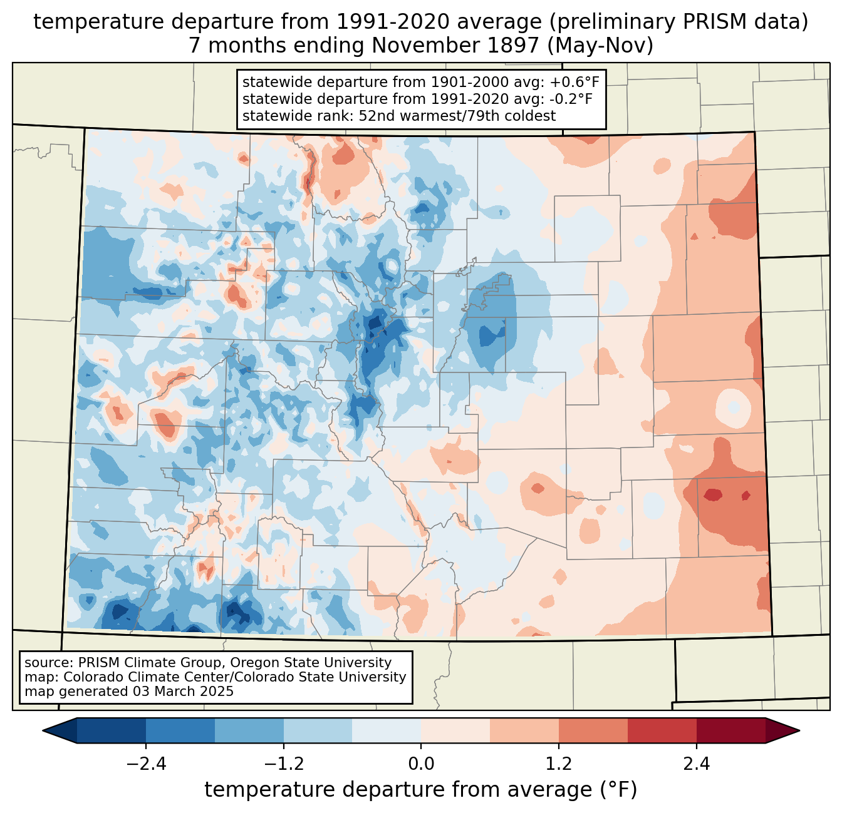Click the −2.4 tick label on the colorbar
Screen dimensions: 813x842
145,764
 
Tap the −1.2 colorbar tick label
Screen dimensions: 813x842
283,764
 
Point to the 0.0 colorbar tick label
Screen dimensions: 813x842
421,764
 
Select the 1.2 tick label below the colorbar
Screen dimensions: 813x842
559,764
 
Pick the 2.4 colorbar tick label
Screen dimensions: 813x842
697,764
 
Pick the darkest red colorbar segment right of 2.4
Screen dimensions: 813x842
730,730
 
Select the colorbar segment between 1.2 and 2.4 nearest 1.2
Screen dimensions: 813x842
593,730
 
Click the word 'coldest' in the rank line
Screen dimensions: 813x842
531,116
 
